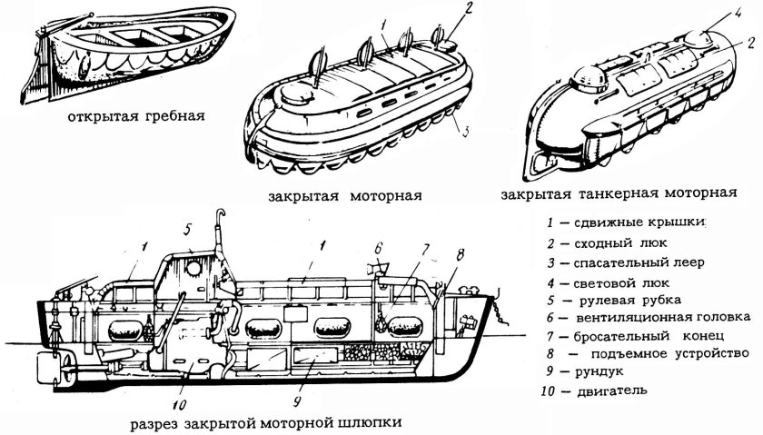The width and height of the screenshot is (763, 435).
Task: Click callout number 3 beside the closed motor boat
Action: coord(465,133)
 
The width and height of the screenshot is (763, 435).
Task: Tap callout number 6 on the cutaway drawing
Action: coord(380,247)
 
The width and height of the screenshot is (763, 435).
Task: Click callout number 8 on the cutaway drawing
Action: coord(461,253)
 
